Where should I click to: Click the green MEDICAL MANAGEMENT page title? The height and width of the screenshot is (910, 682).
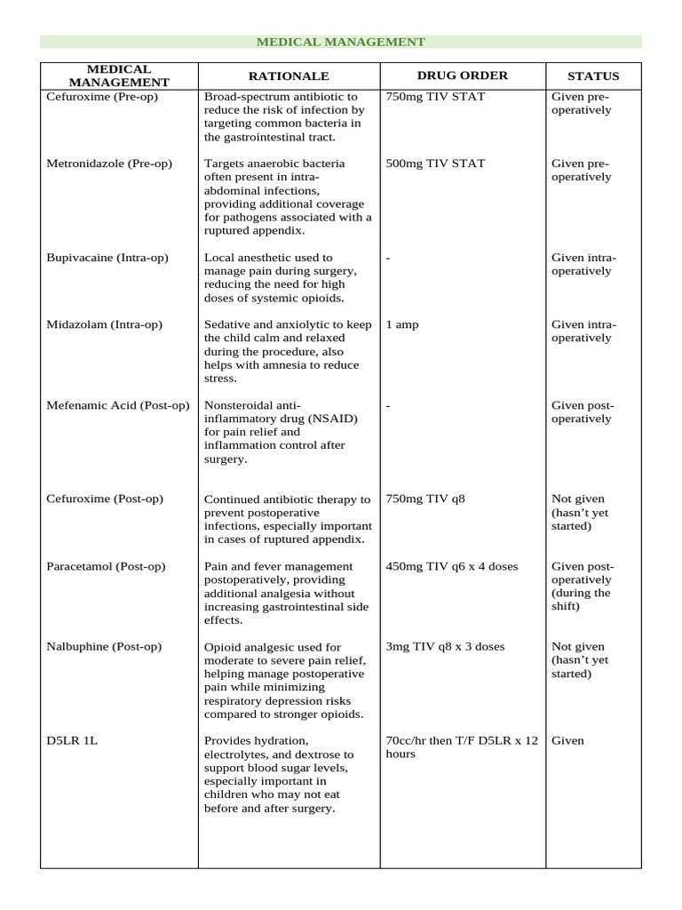[341, 42]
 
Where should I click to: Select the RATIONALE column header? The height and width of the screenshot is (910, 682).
[289, 76]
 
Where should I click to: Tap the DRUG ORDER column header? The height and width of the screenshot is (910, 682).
[462, 76]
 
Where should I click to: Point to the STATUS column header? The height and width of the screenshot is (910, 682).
[594, 76]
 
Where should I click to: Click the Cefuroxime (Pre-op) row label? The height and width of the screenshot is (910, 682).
[102, 97]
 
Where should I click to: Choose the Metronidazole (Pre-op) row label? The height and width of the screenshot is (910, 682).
[109, 164]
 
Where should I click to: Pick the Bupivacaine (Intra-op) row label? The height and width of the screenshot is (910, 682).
[107, 258]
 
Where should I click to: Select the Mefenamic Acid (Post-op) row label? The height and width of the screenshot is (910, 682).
[118, 405]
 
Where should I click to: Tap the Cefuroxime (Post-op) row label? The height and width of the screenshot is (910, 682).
[105, 499]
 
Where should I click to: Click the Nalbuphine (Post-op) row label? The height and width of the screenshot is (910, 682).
[104, 647]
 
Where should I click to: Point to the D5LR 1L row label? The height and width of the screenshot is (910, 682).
[72, 740]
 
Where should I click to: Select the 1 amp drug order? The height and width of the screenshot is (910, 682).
[403, 324]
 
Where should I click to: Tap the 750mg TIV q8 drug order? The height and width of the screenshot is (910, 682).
[425, 499]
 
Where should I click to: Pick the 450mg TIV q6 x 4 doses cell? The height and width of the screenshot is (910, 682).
[452, 566]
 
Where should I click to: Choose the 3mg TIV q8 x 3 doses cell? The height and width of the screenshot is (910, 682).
[445, 647]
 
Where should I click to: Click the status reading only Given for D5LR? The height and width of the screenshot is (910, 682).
[567, 740]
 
